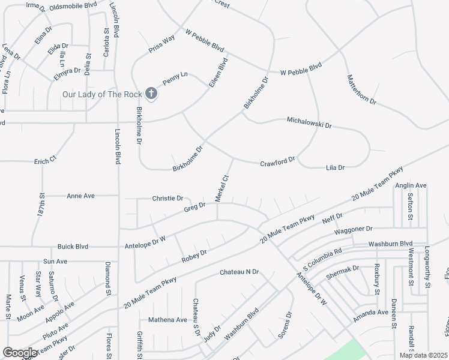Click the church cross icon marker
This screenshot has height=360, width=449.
151,94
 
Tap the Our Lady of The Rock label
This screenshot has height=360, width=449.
101,94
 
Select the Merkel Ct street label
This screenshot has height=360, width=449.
222,188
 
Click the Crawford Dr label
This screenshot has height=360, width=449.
277,162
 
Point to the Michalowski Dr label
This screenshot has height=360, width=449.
309,123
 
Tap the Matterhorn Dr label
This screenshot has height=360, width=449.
361,90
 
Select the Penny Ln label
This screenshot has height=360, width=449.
175,77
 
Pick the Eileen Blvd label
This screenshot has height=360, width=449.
218,73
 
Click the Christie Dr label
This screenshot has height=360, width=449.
167,198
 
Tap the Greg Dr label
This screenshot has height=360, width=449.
194,207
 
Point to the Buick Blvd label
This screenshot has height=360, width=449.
73,247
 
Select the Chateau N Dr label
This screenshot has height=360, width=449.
239,272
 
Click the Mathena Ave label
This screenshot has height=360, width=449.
168,320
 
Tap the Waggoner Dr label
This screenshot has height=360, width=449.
354,229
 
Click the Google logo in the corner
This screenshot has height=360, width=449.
20,353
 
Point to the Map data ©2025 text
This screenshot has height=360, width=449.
423,355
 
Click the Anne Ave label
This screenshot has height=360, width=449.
81,196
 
